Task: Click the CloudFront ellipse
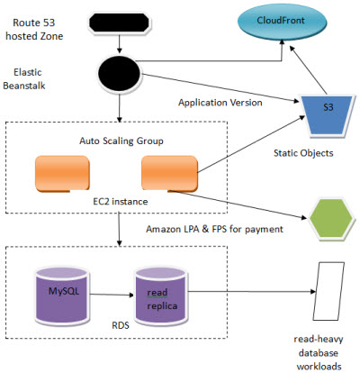[x=283, y=22]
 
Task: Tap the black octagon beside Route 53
[x=120, y=23]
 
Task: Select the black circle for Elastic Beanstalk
[x=120, y=73]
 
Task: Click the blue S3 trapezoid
[x=328, y=115]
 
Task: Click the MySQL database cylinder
[x=62, y=296]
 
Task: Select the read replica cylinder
[x=161, y=296]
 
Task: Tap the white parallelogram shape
[x=328, y=291]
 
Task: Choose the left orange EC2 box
[x=62, y=173]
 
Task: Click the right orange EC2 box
[x=169, y=173]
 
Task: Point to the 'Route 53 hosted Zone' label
[x=34, y=30]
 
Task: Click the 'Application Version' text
[x=220, y=103]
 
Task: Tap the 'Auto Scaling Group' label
[x=121, y=141]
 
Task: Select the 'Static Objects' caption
[x=303, y=153]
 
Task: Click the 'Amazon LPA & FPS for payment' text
[x=214, y=230]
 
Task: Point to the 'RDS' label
[x=121, y=325]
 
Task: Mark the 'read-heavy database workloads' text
[x=319, y=353]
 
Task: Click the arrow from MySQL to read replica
[x=112, y=295]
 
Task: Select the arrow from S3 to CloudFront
[x=308, y=69]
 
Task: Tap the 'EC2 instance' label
[x=121, y=202]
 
